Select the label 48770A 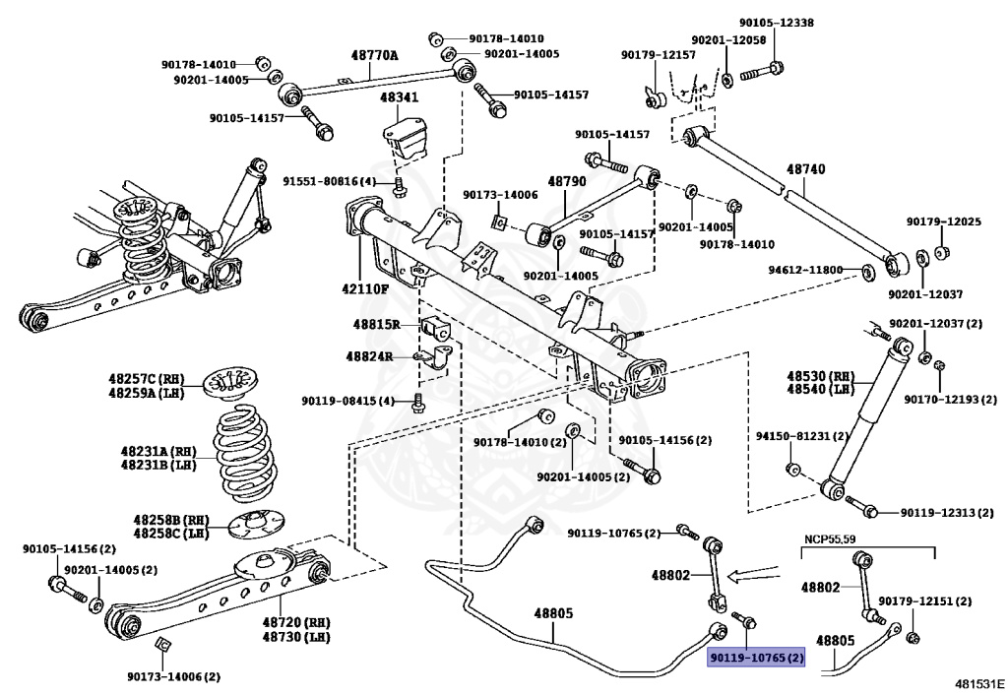[375, 56]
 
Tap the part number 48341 [400, 98]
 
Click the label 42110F [365, 288]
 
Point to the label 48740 [805, 169]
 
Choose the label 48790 [566, 182]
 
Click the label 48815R [373, 324]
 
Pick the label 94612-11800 [805, 270]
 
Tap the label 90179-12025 [943, 221]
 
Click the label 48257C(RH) [147, 378]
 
